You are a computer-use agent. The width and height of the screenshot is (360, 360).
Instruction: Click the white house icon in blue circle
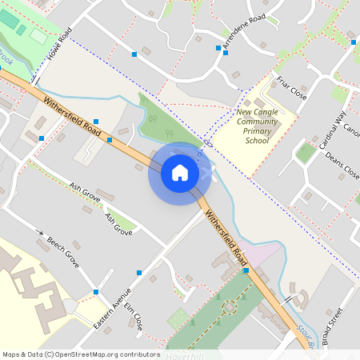180,172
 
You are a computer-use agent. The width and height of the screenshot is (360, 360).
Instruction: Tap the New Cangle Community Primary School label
258,125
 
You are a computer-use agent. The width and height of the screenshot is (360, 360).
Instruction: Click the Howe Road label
59,44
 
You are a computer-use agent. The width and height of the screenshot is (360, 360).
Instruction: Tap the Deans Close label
342,163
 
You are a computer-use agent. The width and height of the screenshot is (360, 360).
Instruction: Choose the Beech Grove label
63,251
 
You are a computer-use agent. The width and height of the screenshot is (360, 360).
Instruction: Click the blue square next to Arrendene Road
218,48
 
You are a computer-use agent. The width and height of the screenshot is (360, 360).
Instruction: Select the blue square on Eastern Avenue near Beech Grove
96,292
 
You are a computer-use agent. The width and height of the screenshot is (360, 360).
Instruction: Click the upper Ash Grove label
86,192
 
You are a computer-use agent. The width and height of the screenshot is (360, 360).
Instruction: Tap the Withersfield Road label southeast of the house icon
226,234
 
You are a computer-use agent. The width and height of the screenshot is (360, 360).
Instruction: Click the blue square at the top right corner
352,42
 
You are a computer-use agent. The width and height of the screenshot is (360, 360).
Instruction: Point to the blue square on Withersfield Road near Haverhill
246,271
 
